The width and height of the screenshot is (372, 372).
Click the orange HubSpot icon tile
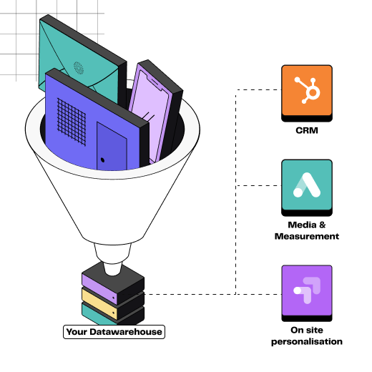click(x=307, y=93)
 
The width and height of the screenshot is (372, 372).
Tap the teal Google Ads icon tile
click(x=307, y=187)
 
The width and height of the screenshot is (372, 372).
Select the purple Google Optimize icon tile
click(x=307, y=293)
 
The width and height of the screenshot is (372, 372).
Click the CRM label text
click(x=307, y=130)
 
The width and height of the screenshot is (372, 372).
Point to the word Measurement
click(x=307, y=236)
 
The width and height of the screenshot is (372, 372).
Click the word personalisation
click(x=307, y=341)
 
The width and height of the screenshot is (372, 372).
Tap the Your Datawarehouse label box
click(x=114, y=332)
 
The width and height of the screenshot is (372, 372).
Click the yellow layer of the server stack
click(x=99, y=303)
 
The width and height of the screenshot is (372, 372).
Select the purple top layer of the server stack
click(x=99, y=288)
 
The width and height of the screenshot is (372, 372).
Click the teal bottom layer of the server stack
click(x=98, y=315)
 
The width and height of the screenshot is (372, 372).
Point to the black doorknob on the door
click(x=102, y=160)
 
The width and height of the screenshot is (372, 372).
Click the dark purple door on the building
click(x=112, y=147)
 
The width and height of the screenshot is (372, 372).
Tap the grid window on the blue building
click(x=72, y=122)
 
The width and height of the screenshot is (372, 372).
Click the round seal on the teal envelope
click(x=79, y=68)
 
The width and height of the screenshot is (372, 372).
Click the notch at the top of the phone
click(x=155, y=83)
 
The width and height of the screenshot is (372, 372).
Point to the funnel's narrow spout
click(x=112, y=260)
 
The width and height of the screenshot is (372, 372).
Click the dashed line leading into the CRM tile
click(x=258, y=89)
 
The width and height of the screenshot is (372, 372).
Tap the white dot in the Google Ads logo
click(x=298, y=192)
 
